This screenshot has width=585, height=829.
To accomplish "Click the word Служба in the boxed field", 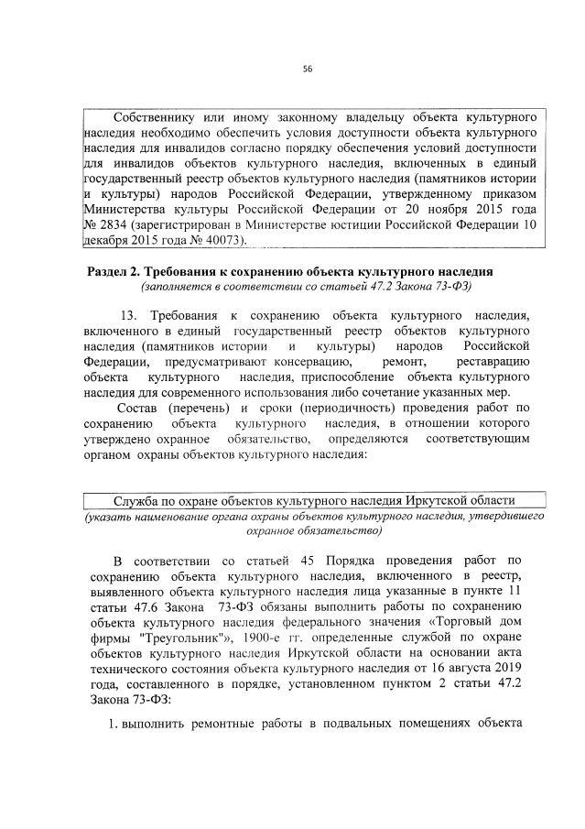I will click(134, 500).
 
